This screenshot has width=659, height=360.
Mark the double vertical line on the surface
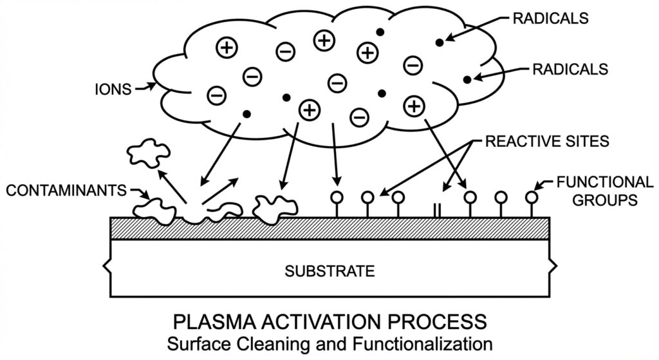(437, 210)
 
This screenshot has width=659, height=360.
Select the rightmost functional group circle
(531, 196)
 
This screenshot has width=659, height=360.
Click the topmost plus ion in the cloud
(324, 40)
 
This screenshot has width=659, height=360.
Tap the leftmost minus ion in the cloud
(217, 95)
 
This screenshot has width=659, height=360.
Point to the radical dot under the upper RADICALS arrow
(440, 43)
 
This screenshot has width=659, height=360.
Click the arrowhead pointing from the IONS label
(152, 84)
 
